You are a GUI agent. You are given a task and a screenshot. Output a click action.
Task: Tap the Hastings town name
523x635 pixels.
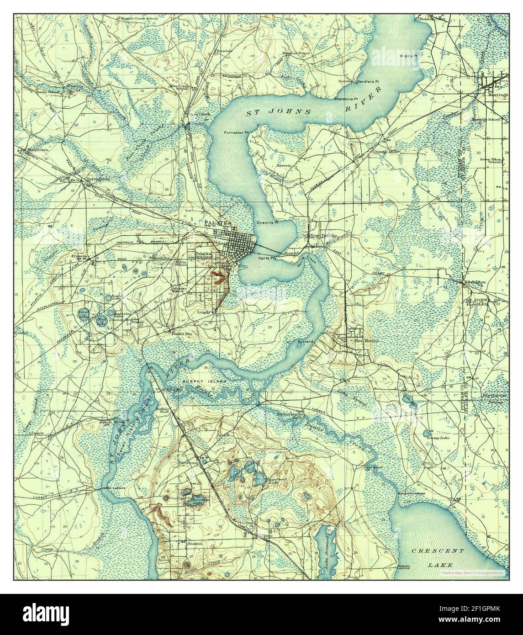497,95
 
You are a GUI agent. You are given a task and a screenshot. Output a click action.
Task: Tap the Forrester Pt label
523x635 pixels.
236,132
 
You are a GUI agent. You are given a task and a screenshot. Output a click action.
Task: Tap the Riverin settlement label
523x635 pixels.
284,165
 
